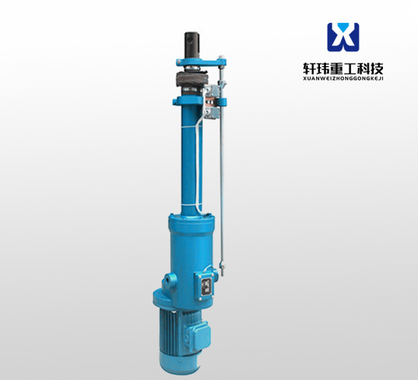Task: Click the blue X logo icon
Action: click(343, 37)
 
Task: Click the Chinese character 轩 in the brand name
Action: click(309, 69)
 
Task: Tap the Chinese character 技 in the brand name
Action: click(377, 69)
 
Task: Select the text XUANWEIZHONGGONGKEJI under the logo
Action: click(343, 78)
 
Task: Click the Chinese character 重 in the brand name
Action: click(337, 69)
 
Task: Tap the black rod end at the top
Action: click(192, 44)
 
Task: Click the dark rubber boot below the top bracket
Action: click(192, 78)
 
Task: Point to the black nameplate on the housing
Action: click(206, 287)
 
